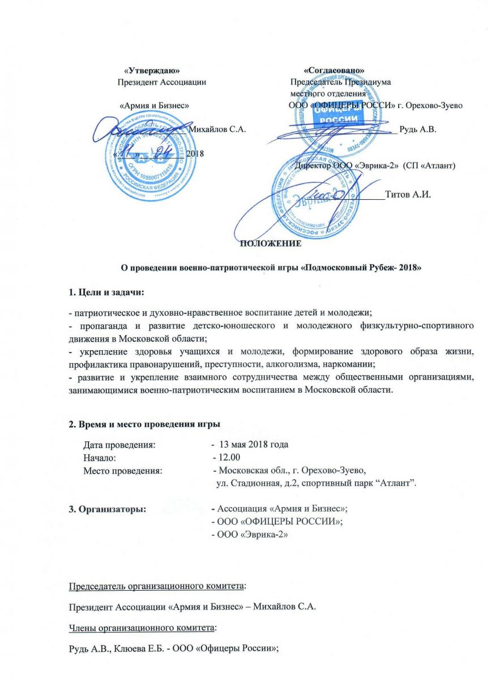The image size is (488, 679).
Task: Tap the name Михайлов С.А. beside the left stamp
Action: [x=218, y=130]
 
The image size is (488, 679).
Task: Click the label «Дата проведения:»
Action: [x=118, y=445]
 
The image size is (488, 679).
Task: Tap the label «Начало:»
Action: [x=99, y=457]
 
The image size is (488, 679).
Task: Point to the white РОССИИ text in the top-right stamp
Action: [x=337, y=120]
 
